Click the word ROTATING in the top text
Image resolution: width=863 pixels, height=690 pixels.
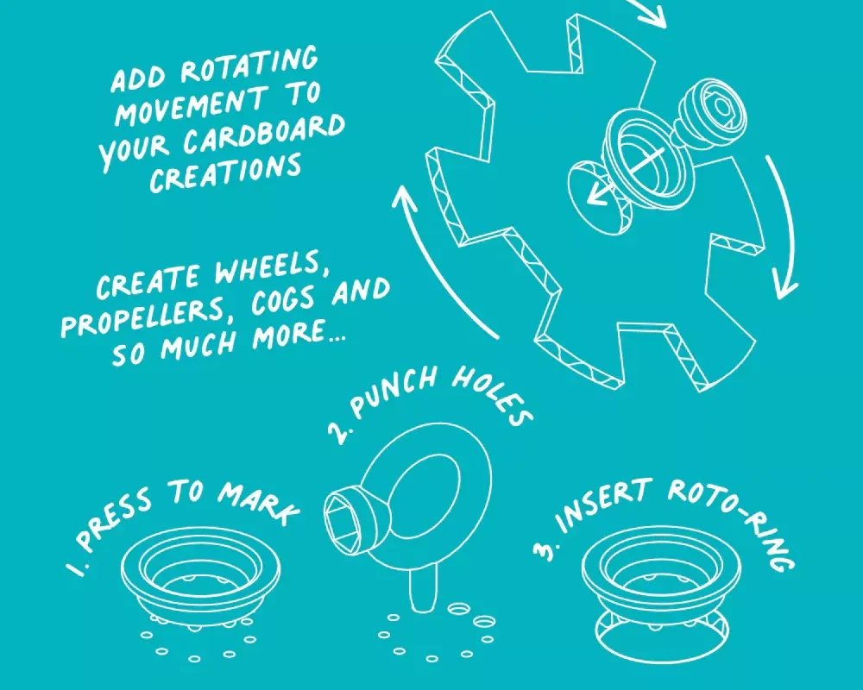(249, 66)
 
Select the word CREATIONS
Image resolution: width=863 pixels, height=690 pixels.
(226, 173)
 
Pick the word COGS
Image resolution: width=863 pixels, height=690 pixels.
(284, 301)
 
